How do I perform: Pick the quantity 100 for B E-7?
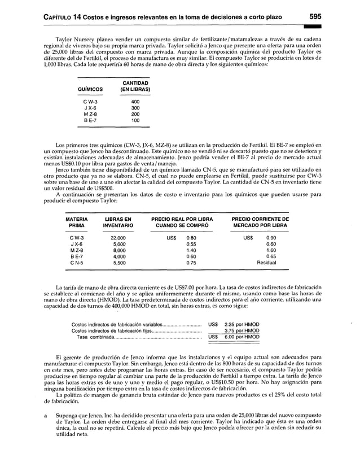click(135, 120)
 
